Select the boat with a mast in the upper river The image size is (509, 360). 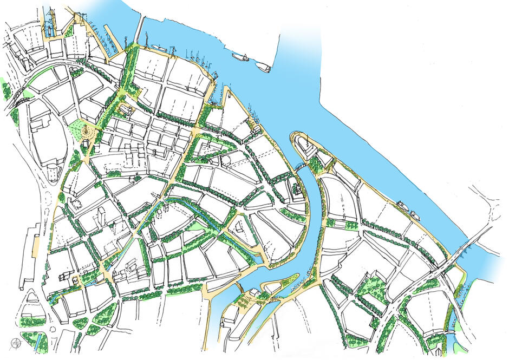pyautogui.click(x=240, y=56)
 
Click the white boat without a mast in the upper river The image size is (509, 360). pyautogui.click(x=263, y=67)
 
